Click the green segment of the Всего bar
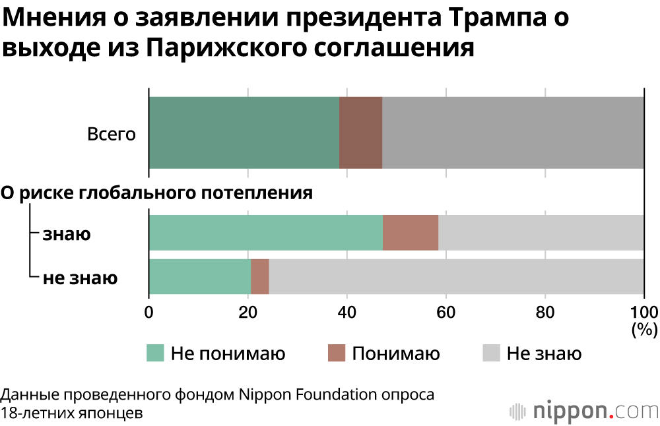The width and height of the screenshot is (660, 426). [244, 133]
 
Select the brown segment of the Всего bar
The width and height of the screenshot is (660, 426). [360, 133]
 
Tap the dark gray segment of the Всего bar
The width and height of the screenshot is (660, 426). [513, 133]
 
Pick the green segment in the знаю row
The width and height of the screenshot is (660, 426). [265, 233]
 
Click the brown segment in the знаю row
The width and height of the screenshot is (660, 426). [410, 233]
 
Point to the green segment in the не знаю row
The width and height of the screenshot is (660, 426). [199, 276]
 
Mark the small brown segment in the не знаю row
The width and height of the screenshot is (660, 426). [259, 276]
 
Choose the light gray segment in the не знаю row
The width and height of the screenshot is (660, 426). [456, 276]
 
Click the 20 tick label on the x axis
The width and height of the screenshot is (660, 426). [247, 313]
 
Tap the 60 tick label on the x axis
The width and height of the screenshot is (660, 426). [445, 313]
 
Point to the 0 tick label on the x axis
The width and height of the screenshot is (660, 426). [149, 313]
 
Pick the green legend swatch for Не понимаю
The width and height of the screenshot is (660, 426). [154, 353]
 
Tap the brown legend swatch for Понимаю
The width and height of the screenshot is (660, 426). [336, 353]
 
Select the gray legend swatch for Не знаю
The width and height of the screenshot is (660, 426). [490, 353]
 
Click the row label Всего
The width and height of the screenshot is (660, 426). [112, 135]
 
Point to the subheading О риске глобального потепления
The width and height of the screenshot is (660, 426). [156, 193]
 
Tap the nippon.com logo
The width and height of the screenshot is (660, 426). [583, 410]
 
